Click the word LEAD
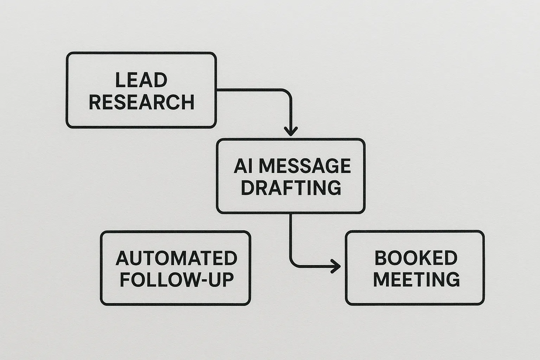pos(141,80)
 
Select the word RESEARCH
pos(141,102)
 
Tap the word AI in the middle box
pos(242,166)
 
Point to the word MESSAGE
pos(304,166)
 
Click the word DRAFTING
pos(291,187)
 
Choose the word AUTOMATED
pos(176,258)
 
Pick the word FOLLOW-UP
pos(177,280)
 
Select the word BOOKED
pos(416,258)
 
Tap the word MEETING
pos(416,280)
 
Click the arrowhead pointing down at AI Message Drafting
pos(291,131)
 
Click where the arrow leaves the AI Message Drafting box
pos(291,214)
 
